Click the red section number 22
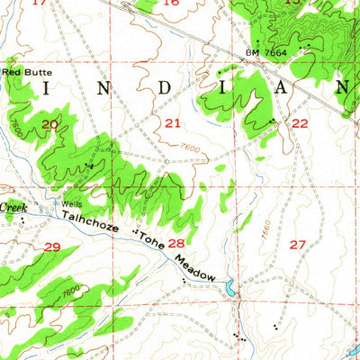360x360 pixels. [x=300, y=123]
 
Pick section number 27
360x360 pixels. [x=299, y=244]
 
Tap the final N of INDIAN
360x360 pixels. [x=343, y=87]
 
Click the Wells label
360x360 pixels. [x=70, y=202]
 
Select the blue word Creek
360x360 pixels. [x=13, y=208]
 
